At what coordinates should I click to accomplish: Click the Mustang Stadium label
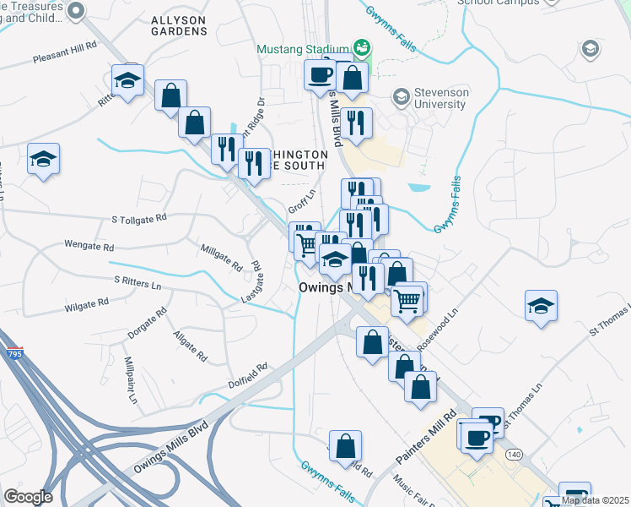click(x=304, y=48)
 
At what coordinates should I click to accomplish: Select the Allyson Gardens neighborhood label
click(x=178, y=25)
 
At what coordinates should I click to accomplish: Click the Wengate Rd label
click(x=89, y=247)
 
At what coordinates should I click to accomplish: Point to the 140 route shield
click(x=513, y=455)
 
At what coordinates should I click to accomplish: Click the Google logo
click(x=28, y=497)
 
